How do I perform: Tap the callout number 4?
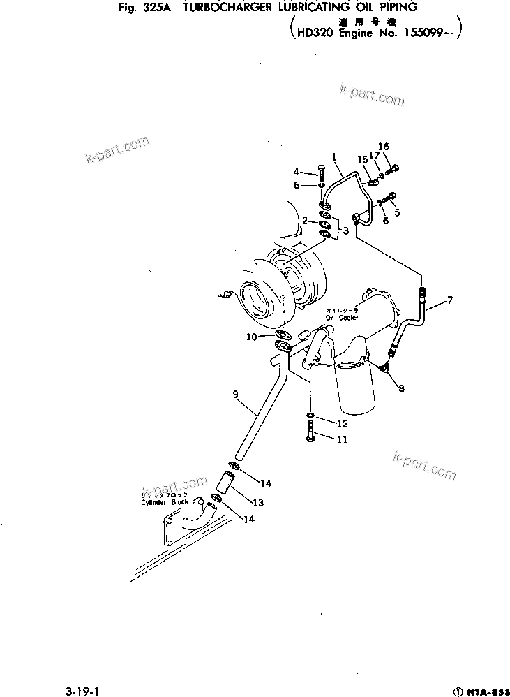[x=296, y=171]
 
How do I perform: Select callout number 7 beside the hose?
[x=449, y=300]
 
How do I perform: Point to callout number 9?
[x=236, y=395]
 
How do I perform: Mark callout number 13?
[x=257, y=502]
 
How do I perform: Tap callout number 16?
[x=383, y=147]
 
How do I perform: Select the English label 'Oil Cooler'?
[x=341, y=318]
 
